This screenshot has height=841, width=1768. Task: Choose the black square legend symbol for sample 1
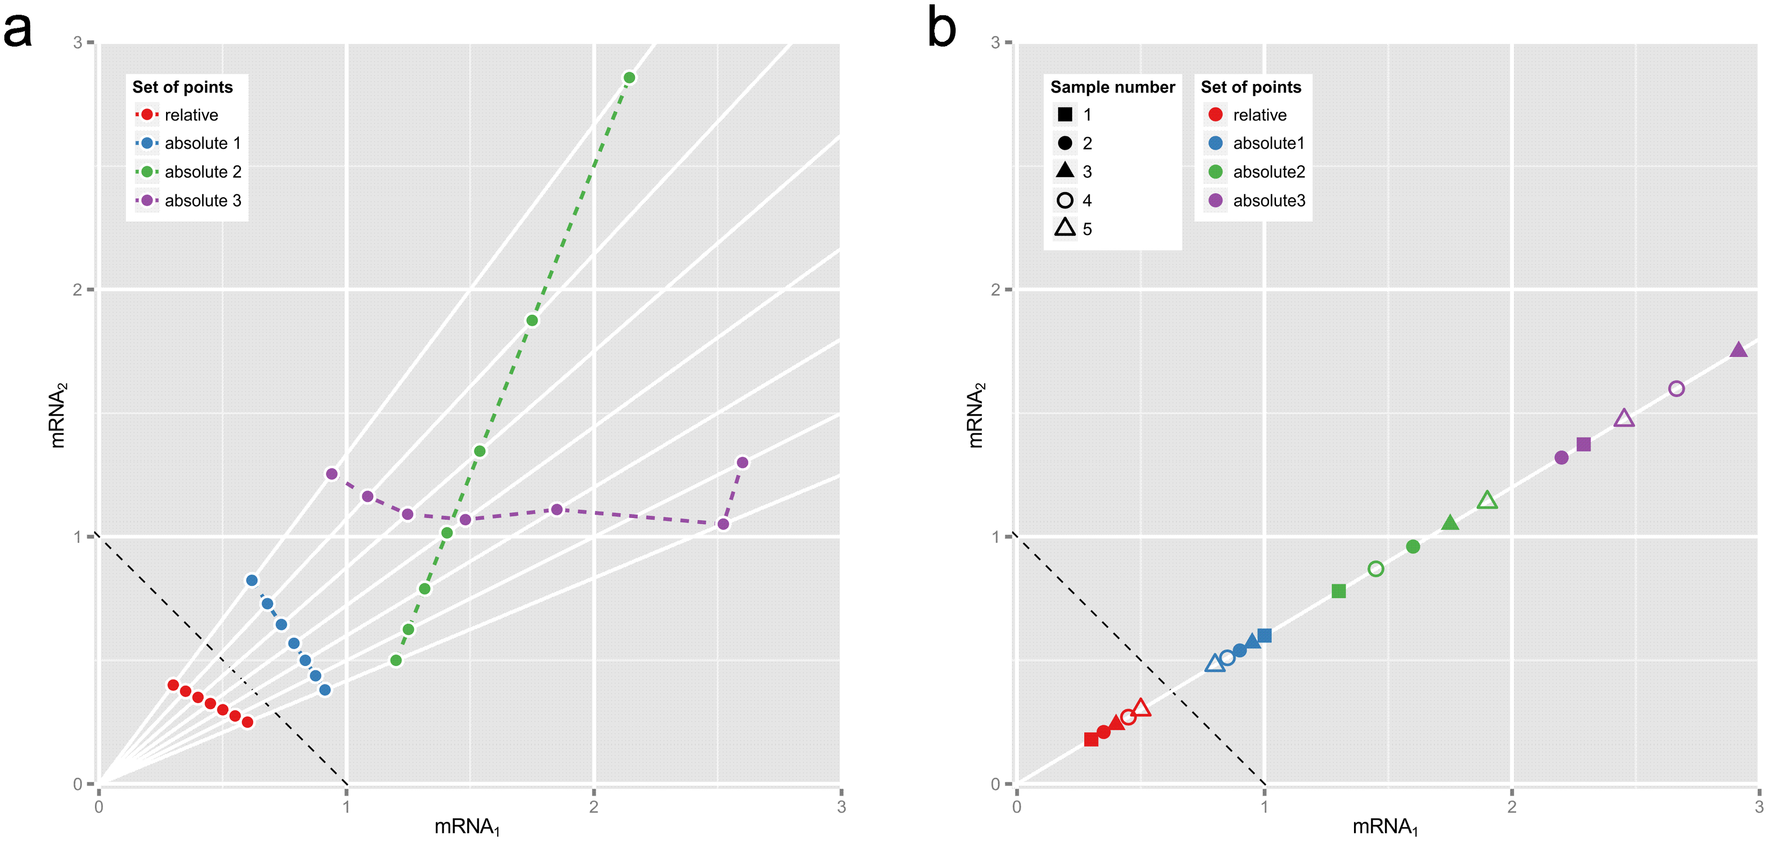(x=1065, y=115)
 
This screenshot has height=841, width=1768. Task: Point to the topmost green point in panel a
(x=629, y=78)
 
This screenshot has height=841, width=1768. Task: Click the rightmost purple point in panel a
(x=742, y=462)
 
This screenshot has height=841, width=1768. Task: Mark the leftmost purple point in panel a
(x=332, y=474)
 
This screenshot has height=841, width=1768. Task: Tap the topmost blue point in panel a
(x=252, y=580)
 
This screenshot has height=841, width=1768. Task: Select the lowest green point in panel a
(x=396, y=660)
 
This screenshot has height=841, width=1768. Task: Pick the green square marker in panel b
(x=1339, y=591)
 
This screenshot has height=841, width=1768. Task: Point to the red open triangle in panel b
(x=1141, y=708)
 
